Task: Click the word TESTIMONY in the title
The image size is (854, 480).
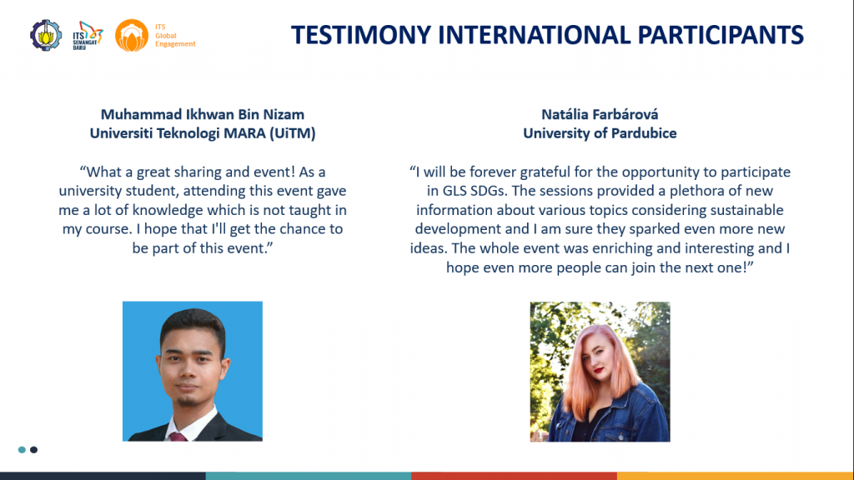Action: pos(361,35)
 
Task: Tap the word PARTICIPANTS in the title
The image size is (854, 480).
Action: pos(721,35)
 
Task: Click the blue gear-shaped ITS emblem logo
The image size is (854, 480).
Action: pos(46,35)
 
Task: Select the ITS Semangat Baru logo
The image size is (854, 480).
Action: pos(88,36)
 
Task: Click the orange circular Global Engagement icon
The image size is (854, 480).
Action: pos(131,35)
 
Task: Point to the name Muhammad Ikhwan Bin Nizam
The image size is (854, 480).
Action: pos(203,114)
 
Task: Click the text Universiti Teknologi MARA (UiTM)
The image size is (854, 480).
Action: pos(203,133)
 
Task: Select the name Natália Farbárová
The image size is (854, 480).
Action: pos(600,114)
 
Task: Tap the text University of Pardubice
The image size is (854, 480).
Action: pos(600,133)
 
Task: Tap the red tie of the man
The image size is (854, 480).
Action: pos(178,436)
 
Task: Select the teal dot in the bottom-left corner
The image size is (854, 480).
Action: pos(22,449)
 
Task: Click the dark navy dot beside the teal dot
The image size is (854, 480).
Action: pos(33,449)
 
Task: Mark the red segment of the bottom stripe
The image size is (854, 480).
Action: pos(514,476)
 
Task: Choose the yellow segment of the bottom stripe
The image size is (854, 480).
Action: pos(736,476)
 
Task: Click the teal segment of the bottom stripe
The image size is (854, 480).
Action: pos(309,476)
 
